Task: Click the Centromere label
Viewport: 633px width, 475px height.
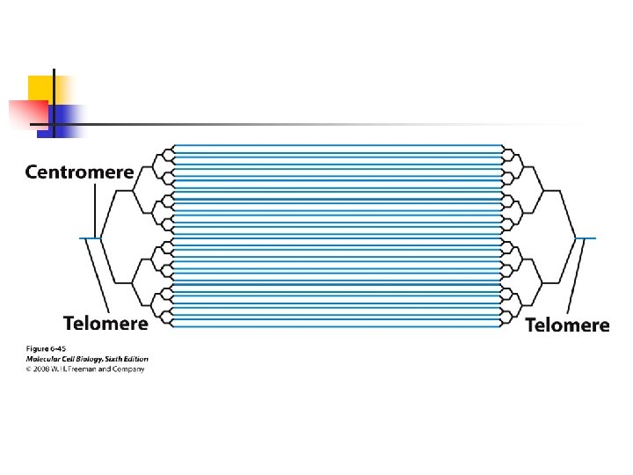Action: click(x=79, y=172)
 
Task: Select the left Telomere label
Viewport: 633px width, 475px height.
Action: click(x=105, y=323)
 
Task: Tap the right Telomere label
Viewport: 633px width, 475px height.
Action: click(x=567, y=325)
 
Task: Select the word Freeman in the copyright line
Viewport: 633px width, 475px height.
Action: click(x=88, y=369)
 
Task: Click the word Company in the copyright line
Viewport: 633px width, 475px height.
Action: click(x=128, y=369)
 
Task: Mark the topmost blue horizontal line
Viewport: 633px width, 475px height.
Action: click(x=338, y=145)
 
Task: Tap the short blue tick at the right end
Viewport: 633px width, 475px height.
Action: click(x=586, y=238)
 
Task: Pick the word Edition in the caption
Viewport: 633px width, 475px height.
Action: click(x=136, y=359)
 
